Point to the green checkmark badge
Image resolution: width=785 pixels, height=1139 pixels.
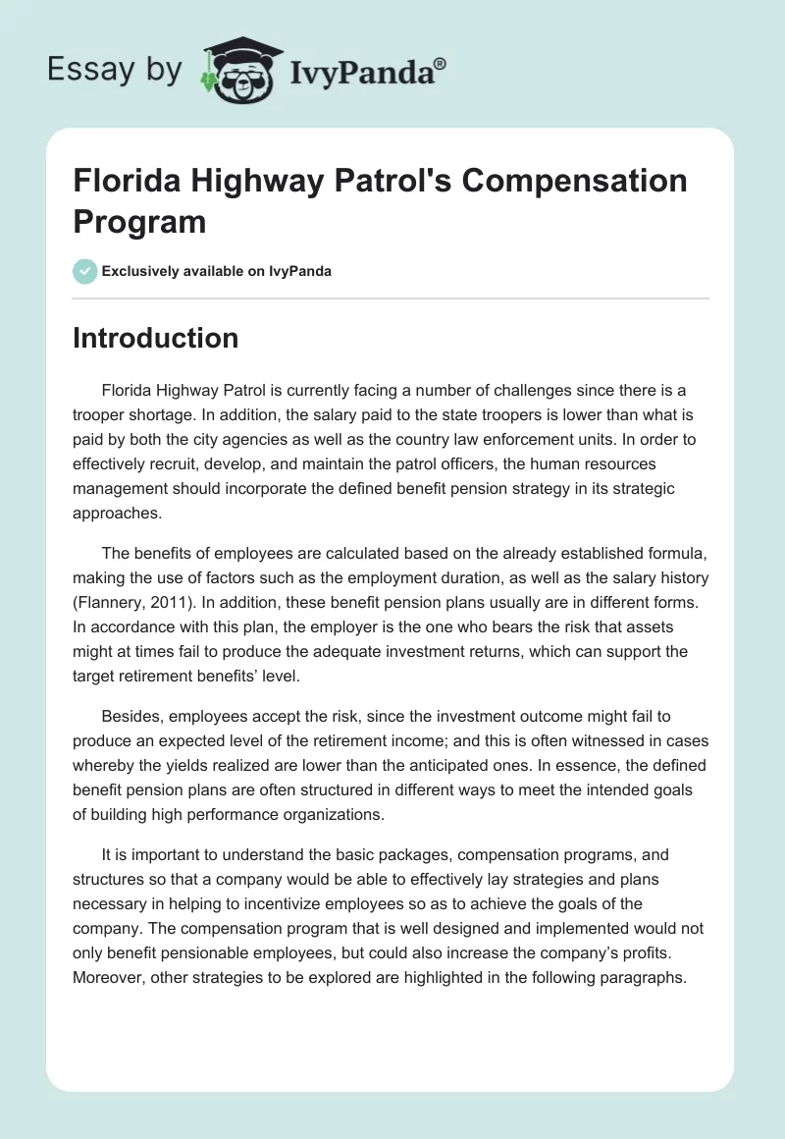85,271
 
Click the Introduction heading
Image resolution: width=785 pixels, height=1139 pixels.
155,338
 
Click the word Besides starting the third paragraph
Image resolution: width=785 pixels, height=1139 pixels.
131,719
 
